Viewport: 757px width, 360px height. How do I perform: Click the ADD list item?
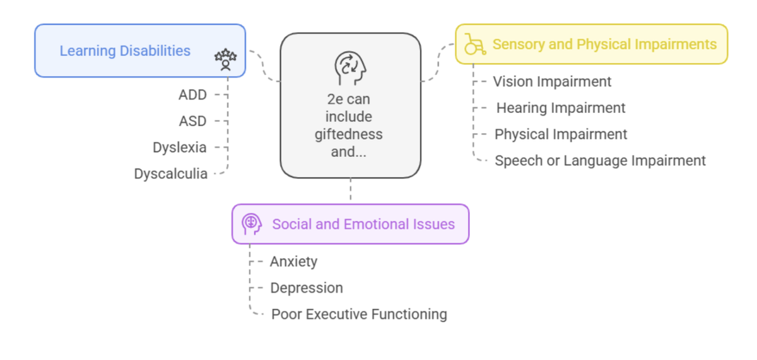click(x=192, y=95)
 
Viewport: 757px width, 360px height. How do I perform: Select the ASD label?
click(x=192, y=121)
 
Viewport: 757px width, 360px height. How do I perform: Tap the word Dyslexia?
click(x=179, y=148)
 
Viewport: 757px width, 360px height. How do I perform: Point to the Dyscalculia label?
click(x=170, y=174)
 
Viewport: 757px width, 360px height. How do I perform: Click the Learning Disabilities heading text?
click(x=125, y=51)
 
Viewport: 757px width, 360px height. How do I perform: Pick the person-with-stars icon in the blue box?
click(x=225, y=59)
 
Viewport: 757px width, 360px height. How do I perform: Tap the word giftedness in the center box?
click(x=349, y=134)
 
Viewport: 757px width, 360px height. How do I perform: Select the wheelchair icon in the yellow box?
click(x=474, y=45)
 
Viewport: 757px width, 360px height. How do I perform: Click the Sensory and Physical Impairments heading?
click(x=604, y=45)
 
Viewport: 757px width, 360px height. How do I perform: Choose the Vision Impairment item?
click(x=552, y=81)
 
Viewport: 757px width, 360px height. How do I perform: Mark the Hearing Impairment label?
click(x=561, y=108)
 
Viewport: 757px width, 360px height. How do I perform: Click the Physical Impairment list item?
click(x=561, y=134)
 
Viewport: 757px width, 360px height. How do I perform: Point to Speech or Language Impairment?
click(x=600, y=161)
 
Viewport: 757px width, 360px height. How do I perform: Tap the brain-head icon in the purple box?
click(x=252, y=224)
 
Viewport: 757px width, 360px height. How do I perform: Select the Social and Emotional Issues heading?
click(x=363, y=224)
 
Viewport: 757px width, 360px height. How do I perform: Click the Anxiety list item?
click(x=293, y=262)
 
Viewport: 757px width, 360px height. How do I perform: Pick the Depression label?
click(x=307, y=288)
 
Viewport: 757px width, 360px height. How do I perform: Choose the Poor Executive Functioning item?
click(x=359, y=314)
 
